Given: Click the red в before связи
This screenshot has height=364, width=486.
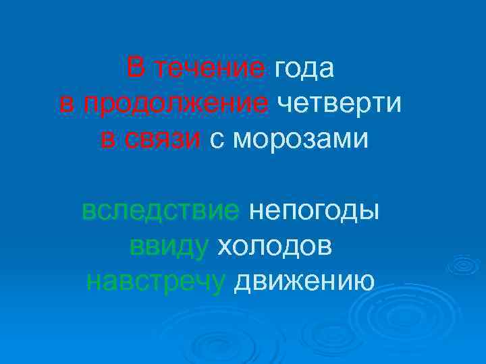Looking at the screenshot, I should pyautogui.click(x=107, y=140).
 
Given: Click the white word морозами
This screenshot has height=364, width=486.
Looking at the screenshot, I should pyautogui.click(x=298, y=140).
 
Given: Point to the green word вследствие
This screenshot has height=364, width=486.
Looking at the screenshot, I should pyautogui.click(x=161, y=212).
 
